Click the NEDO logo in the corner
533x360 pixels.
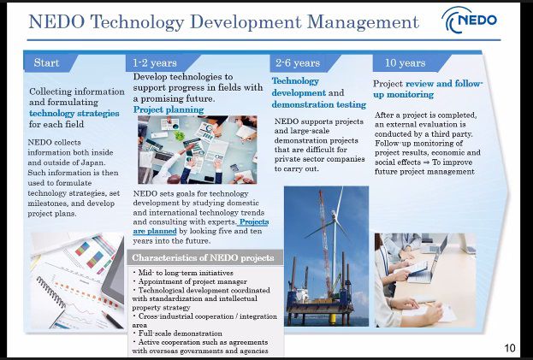470,20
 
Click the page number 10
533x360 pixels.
510,348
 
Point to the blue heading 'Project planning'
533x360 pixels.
169,109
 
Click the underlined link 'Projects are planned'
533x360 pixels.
200,227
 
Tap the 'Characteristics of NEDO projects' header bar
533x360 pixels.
204,257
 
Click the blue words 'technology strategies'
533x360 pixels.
74,113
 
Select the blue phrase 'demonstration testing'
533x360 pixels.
319,104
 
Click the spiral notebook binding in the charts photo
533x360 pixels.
51,292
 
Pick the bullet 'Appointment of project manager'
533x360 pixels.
190,281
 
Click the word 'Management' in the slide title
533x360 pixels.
363,22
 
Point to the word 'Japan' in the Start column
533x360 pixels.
94,162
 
